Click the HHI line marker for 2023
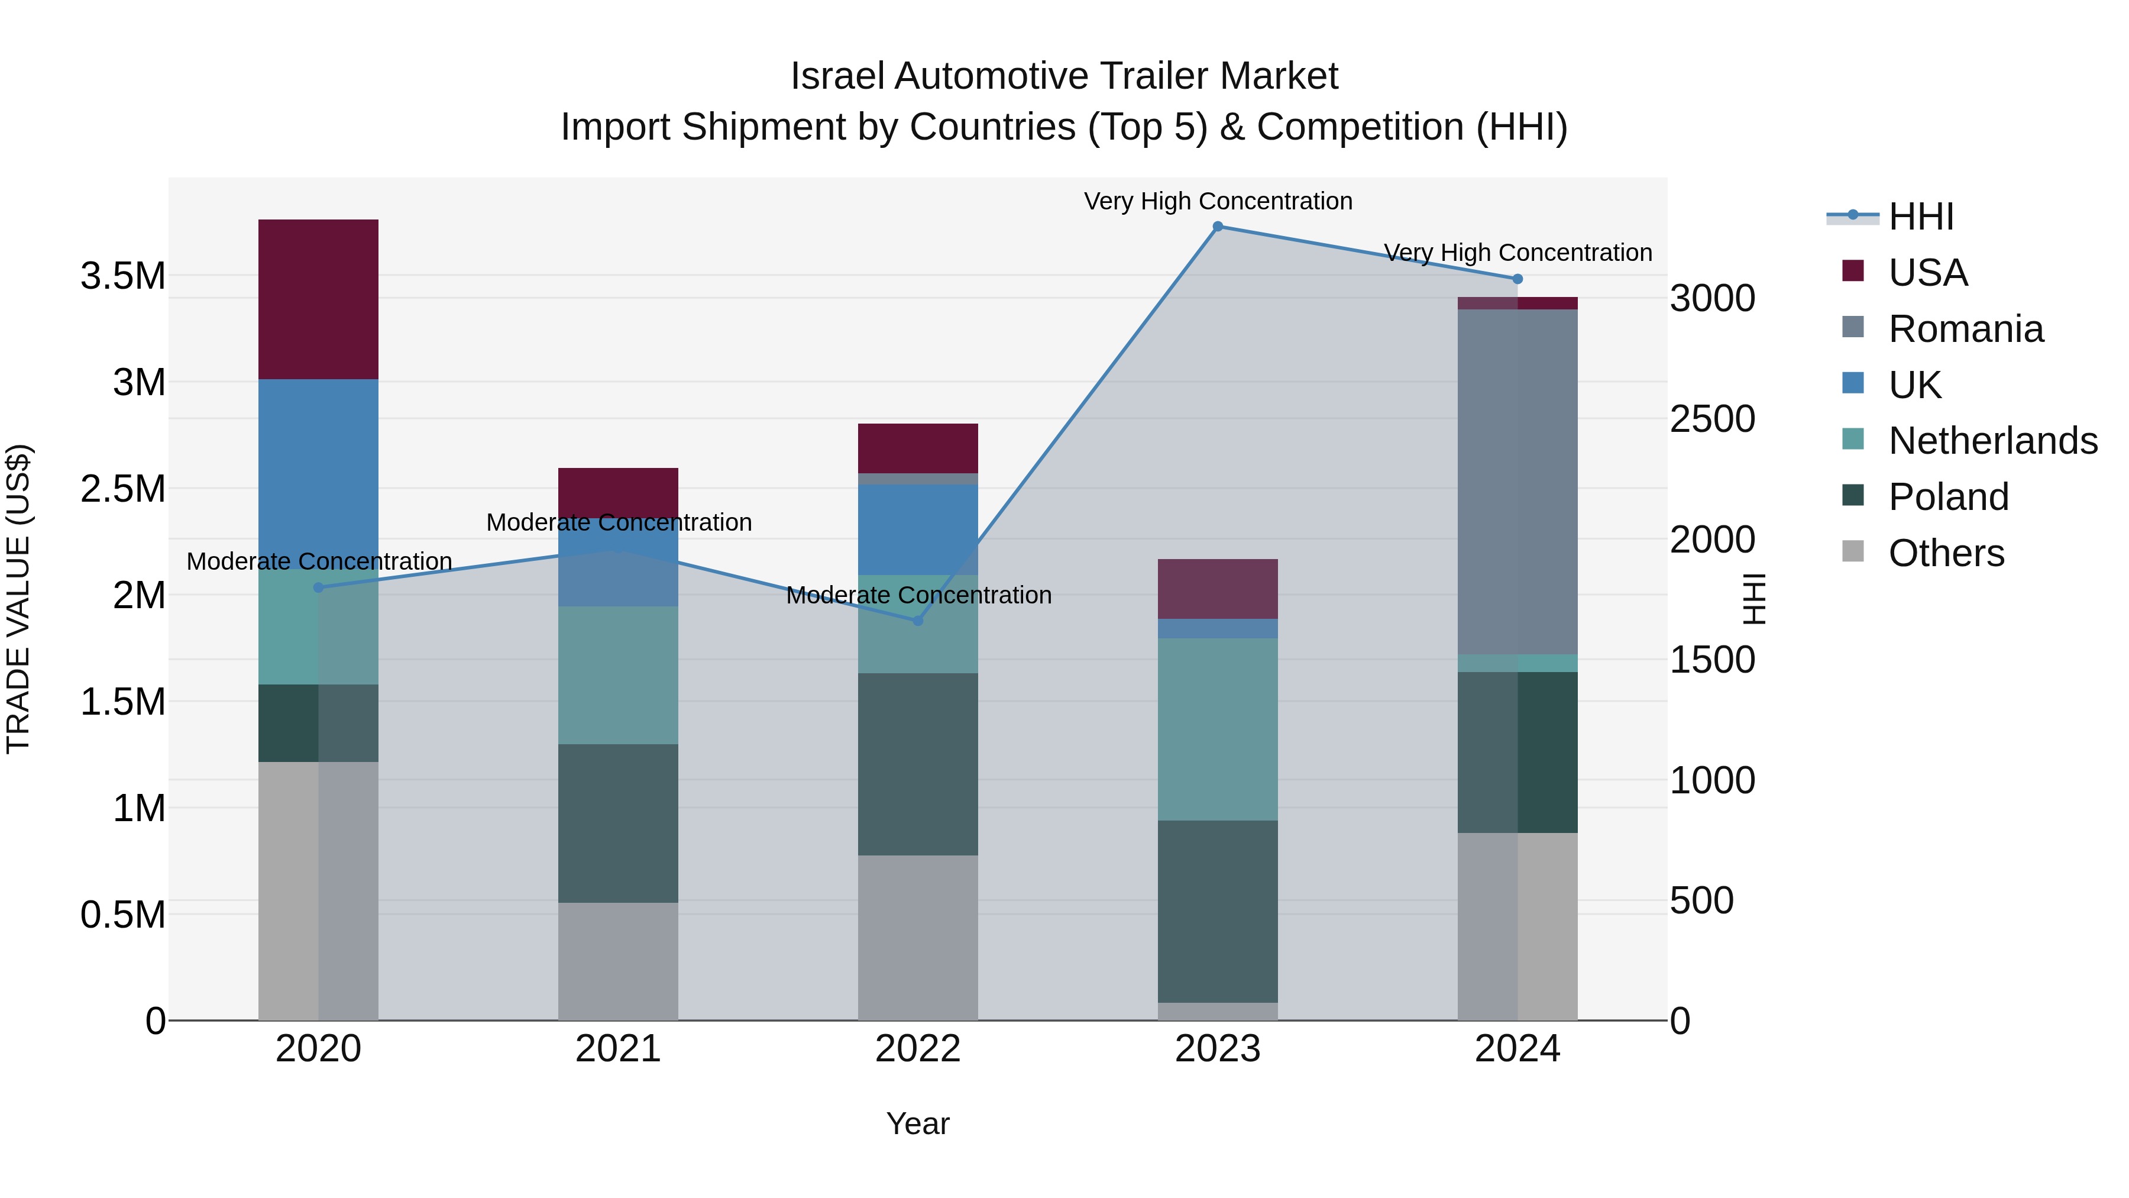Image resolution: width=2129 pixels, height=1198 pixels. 1218,227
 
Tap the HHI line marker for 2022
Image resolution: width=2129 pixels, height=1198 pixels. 917,620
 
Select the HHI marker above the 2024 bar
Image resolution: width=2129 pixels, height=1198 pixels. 1518,279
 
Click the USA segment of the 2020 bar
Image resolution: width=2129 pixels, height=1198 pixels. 318,299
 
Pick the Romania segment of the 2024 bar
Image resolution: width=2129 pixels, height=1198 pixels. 1518,482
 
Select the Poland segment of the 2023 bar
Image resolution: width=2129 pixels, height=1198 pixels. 1218,911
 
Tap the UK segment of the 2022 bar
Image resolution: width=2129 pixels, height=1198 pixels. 917,529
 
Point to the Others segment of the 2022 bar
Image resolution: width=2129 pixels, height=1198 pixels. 917,938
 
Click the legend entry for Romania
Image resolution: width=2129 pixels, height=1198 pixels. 1965,329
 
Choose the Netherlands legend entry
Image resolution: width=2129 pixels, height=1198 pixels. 1992,441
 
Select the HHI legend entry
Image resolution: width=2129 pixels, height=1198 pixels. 1921,217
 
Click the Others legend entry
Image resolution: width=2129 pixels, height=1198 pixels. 1946,553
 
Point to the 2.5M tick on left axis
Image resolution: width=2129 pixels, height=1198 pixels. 123,489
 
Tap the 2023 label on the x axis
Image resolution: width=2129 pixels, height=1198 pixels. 1218,1049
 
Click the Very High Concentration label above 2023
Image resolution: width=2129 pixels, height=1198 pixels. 1218,201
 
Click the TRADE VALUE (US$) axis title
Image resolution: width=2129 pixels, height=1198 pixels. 18,599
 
